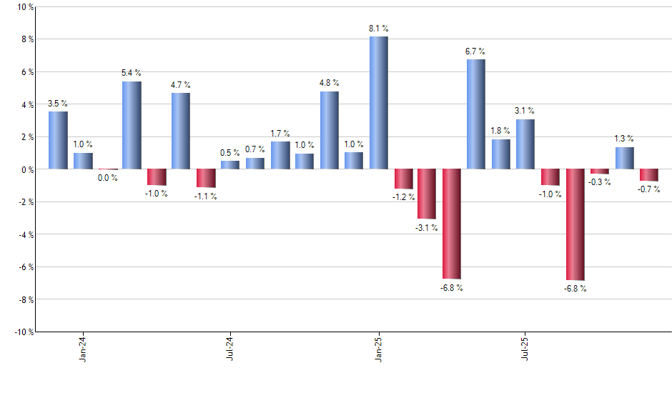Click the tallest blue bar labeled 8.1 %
pyautogui.click(x=379, y=103)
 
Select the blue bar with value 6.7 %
pyautogui.click(x=476, y=114)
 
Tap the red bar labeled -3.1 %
pyautogui.click(x=427, y=194)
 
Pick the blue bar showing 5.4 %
pyautogui.click(x=132, y=125)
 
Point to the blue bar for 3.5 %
pyautogui.click(x=58, y=140)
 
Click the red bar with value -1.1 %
pyautogui.click(x=206, y=178)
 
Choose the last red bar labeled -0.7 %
pyautogui.click(x=649, y=175)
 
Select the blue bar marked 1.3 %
pyautogui.click(x=625, y=159)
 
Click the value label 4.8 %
pyautogui.click(x=329, y=83)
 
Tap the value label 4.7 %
pyautogui.click(x=180, y=85)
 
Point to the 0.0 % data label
pyautogui.click(x=108, y=178)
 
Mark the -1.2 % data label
pyautogui.click(x=404, y=196)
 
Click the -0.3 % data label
pyautogui.click(x=600, y=182)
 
